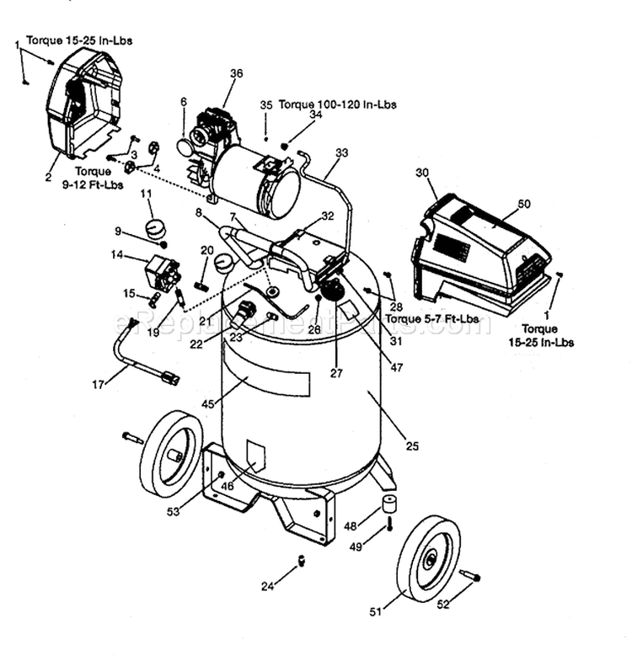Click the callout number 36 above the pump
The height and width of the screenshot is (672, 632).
(x=236, y=73)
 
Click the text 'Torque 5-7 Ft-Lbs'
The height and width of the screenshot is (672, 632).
(x=431, y=319)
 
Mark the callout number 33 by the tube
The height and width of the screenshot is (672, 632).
(x=341, y=152)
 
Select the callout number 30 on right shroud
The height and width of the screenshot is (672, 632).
(x=422, y=172)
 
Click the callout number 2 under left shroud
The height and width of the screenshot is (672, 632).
(x=48, y=177)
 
